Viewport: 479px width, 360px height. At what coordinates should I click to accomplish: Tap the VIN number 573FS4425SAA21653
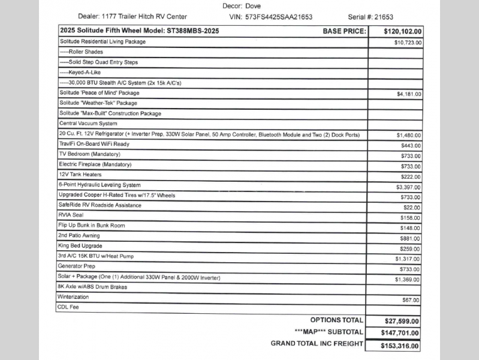(279, 17)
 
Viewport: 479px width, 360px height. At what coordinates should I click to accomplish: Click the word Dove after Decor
(254, 5)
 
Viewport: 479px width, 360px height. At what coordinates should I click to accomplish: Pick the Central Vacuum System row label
(88, 124)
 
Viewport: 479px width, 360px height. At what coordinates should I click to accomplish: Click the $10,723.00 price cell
(408, 43)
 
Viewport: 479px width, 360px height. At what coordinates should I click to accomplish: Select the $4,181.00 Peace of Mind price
(409, 94)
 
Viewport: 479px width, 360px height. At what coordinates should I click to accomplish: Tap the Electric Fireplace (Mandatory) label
(95, 164)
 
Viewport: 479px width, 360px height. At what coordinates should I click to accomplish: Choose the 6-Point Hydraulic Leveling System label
(100, 185)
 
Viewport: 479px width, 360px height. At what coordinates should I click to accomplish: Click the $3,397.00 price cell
(409, 187)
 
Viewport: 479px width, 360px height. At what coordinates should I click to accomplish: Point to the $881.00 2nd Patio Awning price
(411, 238)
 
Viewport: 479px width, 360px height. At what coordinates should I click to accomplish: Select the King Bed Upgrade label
(80, 246)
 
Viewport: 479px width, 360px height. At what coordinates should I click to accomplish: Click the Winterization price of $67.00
(412, 300)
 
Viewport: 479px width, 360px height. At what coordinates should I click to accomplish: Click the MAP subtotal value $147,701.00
(400, 333)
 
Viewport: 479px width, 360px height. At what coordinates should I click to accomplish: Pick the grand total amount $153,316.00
(400, 346)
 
